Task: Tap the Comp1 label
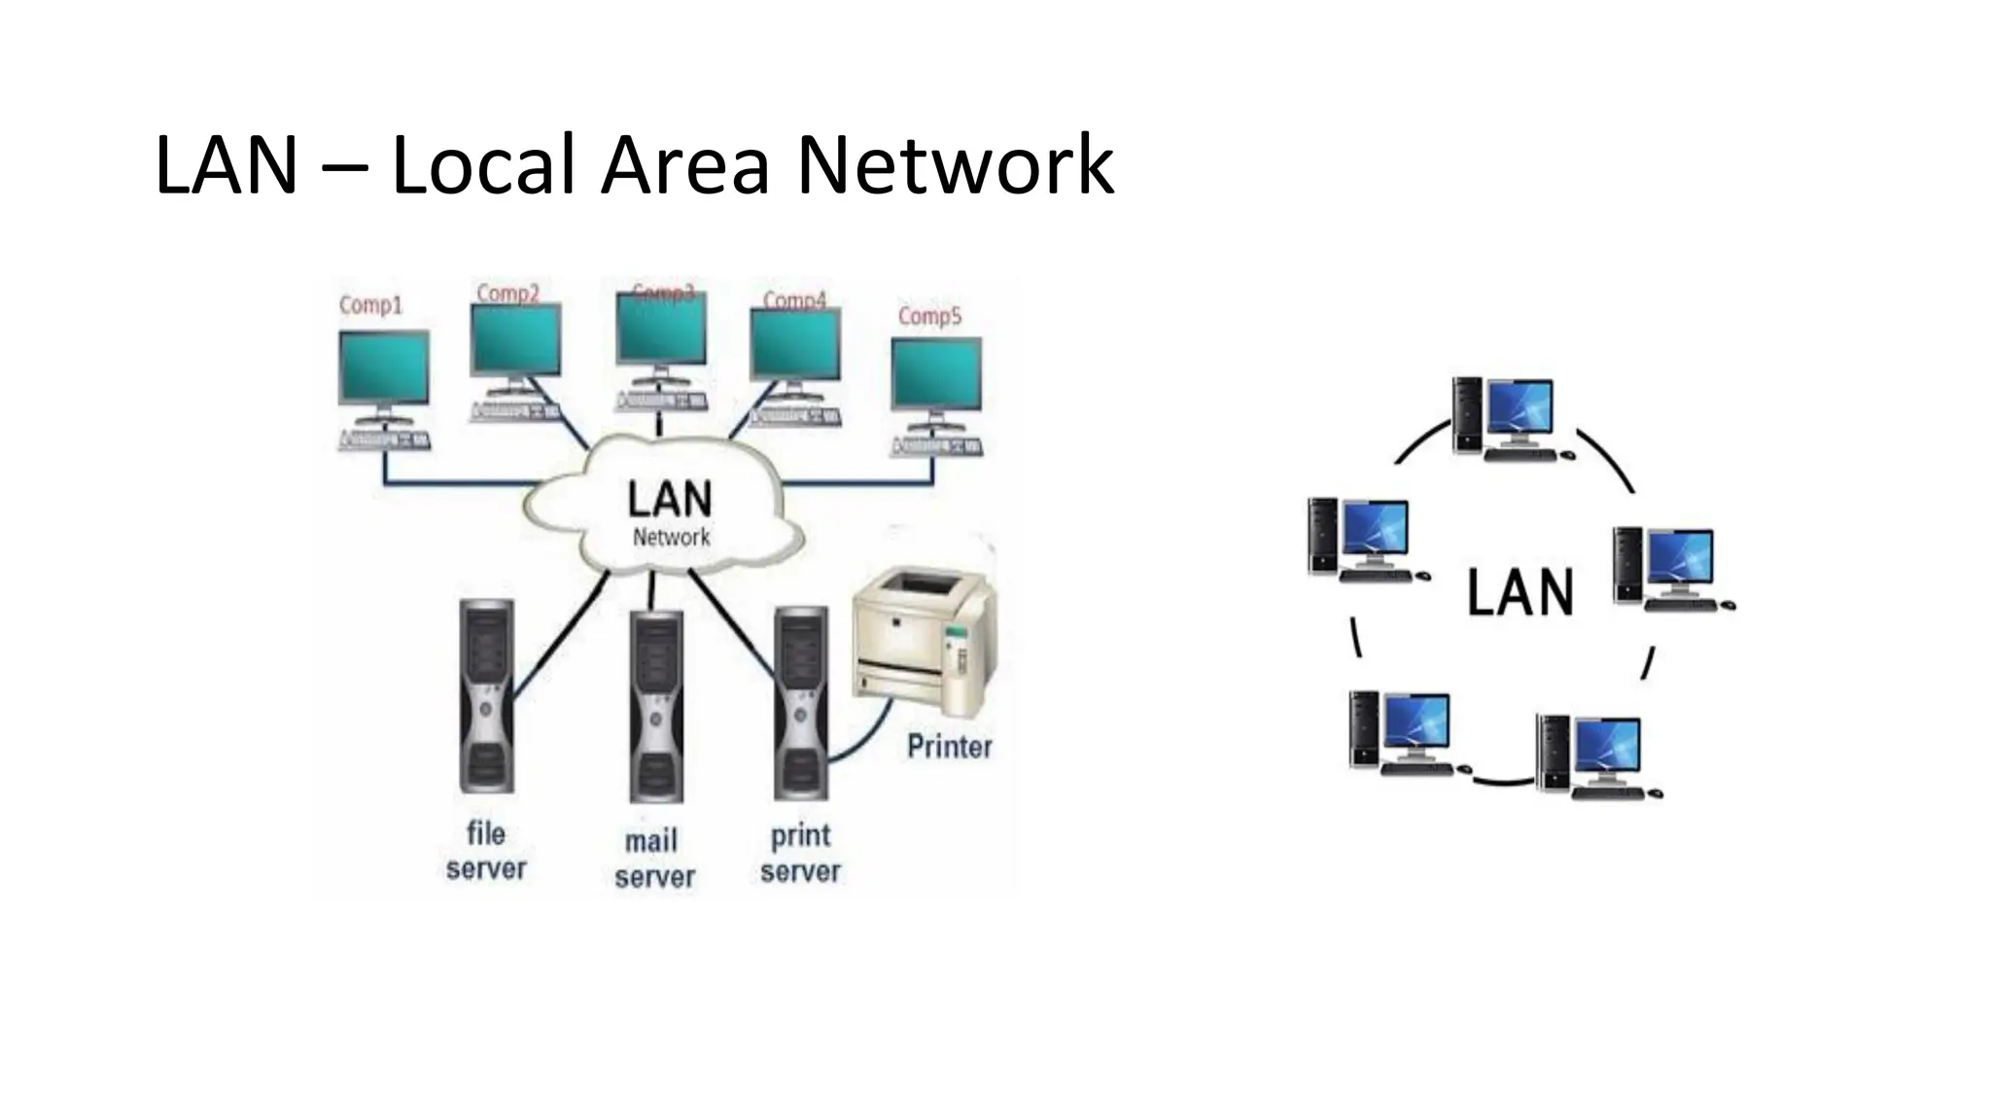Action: tap(370, 305)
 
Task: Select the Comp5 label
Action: tap(929, 316)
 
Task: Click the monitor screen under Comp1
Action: tap(384, 367)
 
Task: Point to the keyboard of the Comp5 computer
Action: tap(937, 445)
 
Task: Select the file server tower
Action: tap(486, 696)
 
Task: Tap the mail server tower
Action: tap(655, 706)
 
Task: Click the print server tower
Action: tap(801, 702)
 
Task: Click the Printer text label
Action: tap(949, 747)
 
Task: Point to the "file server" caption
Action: tap(485, 851)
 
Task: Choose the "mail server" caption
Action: tap(654, 858)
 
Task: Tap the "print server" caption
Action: tap(800, 853)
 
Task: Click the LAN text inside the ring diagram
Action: tap(1519, 592)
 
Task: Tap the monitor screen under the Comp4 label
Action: tap(795, 343)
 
